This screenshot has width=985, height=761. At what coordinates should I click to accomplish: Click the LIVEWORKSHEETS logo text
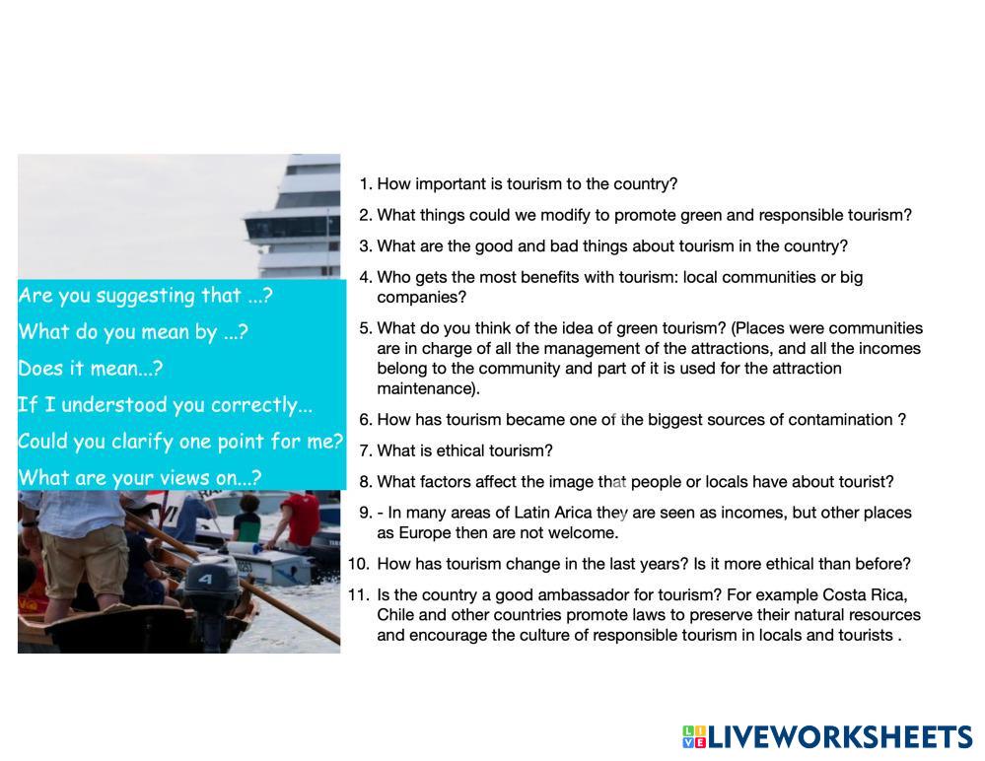pyautogui.click(x=840, y=737)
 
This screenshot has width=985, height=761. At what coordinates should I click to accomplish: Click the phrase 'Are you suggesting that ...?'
pyautogui.click(x=145, y=295)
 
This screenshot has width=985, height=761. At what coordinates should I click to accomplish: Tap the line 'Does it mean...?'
pyautogui.click(x=91, y=368)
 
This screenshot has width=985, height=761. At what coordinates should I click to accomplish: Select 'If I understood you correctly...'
pyautogui.click(x=166, y=405)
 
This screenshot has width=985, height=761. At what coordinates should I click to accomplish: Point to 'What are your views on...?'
pyautogui.click(x=139, y=478)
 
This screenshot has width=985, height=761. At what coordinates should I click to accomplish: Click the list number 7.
pyautogui.click(x=366, y=450)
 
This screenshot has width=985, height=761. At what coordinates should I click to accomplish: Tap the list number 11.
pyautogui.click(x=359, y=594)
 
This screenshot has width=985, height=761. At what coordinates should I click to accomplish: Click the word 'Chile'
pyautogui.click(x=395, y=615)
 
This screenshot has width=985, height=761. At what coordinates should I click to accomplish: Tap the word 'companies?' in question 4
pyautogui.click(x=422, y=298)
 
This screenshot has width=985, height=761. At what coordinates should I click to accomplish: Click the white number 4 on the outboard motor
pyautogui.click(x=205, y=579)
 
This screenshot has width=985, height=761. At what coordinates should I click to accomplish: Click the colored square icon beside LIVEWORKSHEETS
pyautogui.click(x=694, y=737)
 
